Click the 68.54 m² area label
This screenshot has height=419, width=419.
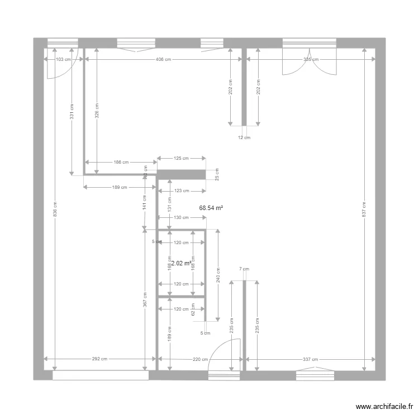[x=211, y=208]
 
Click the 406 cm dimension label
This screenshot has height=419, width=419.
[x=163, y=59]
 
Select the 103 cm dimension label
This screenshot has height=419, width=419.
[x=64, y=59]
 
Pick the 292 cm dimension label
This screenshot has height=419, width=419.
[x=100, y=359]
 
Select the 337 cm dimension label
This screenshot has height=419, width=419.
[x=311, y=359]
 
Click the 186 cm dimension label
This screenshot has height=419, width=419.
[x=121, y=163]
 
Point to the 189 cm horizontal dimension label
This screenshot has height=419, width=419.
[x=120, y=187]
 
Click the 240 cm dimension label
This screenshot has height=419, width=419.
[x=218, y=274]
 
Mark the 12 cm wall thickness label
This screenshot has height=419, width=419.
[x=244, y=137]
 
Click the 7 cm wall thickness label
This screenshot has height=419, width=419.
[x=244, y=269]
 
